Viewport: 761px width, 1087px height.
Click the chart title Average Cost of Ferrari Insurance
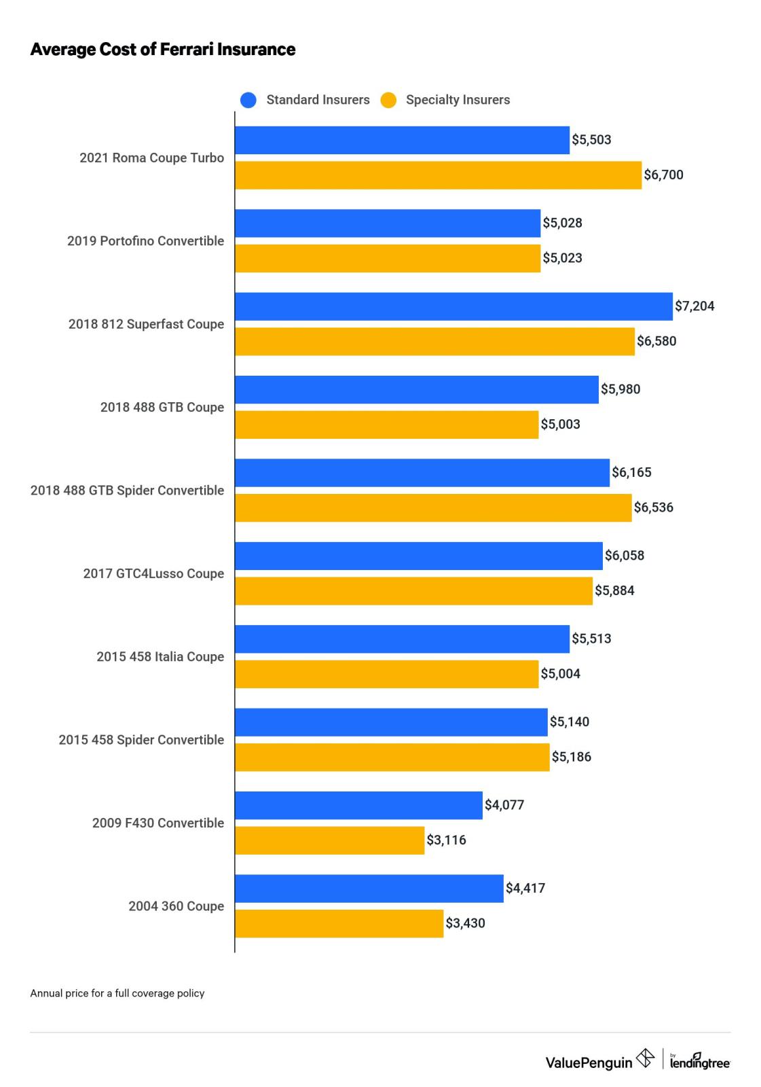162,50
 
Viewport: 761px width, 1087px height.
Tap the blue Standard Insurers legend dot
248,100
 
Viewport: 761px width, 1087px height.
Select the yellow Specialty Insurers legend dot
388,100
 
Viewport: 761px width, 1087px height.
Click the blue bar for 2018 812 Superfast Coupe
453,306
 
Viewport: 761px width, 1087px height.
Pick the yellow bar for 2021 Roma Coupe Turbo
438,175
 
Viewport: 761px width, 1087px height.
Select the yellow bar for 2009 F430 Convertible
329,840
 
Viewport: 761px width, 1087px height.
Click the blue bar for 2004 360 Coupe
369,888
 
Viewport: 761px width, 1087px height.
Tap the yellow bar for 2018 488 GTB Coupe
386,425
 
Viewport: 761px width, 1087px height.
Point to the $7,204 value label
694,306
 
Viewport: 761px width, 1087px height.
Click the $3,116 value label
446,840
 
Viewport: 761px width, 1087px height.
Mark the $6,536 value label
653,507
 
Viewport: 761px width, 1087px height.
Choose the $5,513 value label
591,639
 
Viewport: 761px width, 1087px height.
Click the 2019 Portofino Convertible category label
145,241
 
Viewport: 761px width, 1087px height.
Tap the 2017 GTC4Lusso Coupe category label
153,573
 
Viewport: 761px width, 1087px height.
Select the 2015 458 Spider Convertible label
141,740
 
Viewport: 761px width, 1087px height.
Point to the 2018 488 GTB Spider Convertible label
127,491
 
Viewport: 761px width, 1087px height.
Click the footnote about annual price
117,993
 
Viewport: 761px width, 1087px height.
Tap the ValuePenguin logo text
589,1063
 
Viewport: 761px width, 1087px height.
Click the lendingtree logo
699,1061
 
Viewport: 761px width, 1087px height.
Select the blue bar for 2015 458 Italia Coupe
402,639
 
